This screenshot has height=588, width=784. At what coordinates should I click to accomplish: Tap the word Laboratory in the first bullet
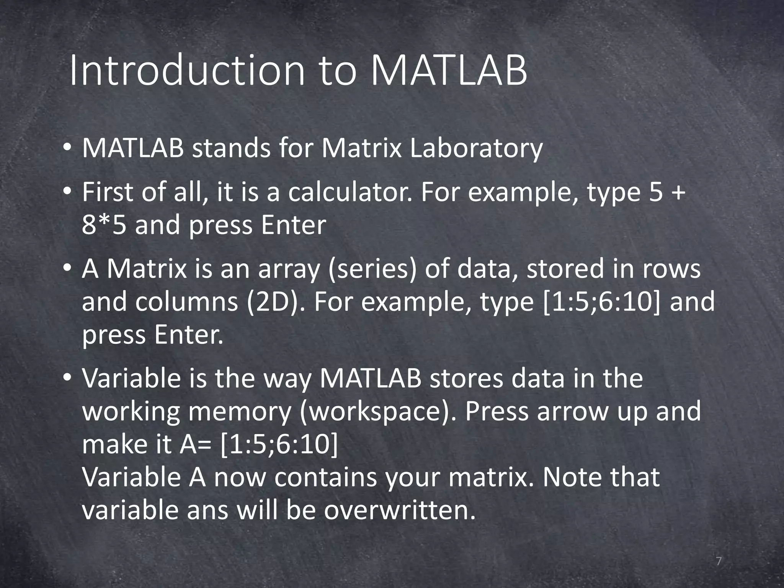pos(476,149)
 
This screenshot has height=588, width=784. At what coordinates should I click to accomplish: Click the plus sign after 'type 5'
pos(678,193)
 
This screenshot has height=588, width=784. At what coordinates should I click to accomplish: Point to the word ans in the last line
pos(208,510)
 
